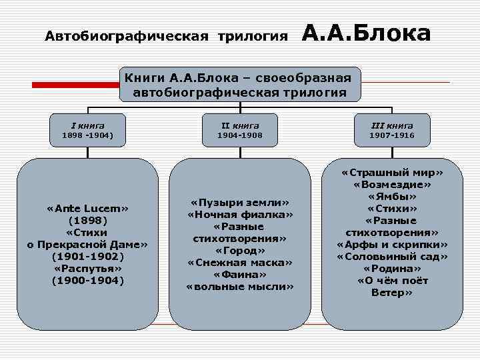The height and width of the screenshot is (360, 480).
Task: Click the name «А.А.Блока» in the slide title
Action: [367, 33]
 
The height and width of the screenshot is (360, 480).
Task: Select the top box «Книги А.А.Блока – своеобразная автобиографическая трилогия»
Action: [240, 84]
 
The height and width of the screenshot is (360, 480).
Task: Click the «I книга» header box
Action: [87, 130]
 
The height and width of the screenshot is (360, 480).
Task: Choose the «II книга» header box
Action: [240, 130]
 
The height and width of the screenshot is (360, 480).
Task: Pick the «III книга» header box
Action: [392, 130]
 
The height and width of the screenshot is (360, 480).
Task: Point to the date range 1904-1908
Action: [240, 135]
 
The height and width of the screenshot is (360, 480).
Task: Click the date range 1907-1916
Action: [392, 135]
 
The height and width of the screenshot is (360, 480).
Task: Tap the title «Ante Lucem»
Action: [87, 208]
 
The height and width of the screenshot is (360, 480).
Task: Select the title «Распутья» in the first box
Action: [87, 269]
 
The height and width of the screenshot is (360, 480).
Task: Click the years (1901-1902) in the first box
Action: [87, 257]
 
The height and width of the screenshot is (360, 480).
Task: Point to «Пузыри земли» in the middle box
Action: [240, 202]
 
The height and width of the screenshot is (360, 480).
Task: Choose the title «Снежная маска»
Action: [240, 263]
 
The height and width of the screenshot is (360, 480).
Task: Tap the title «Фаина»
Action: [240, 275]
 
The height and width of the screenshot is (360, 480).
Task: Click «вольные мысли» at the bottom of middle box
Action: [240, 287]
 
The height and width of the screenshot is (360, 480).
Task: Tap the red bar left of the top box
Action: [76, 85]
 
